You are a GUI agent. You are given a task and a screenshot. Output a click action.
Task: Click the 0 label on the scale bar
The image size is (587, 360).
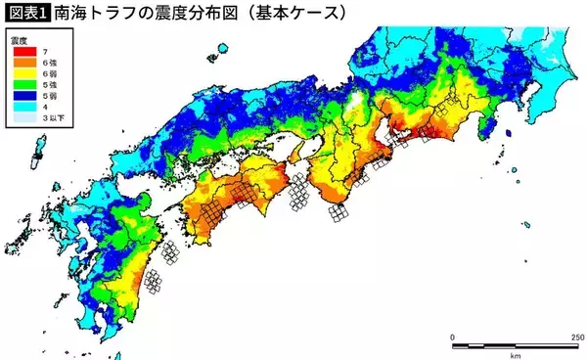(x=453, y=337)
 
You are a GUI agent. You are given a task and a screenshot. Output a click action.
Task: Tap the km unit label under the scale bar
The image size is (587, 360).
(x=514, y=354)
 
